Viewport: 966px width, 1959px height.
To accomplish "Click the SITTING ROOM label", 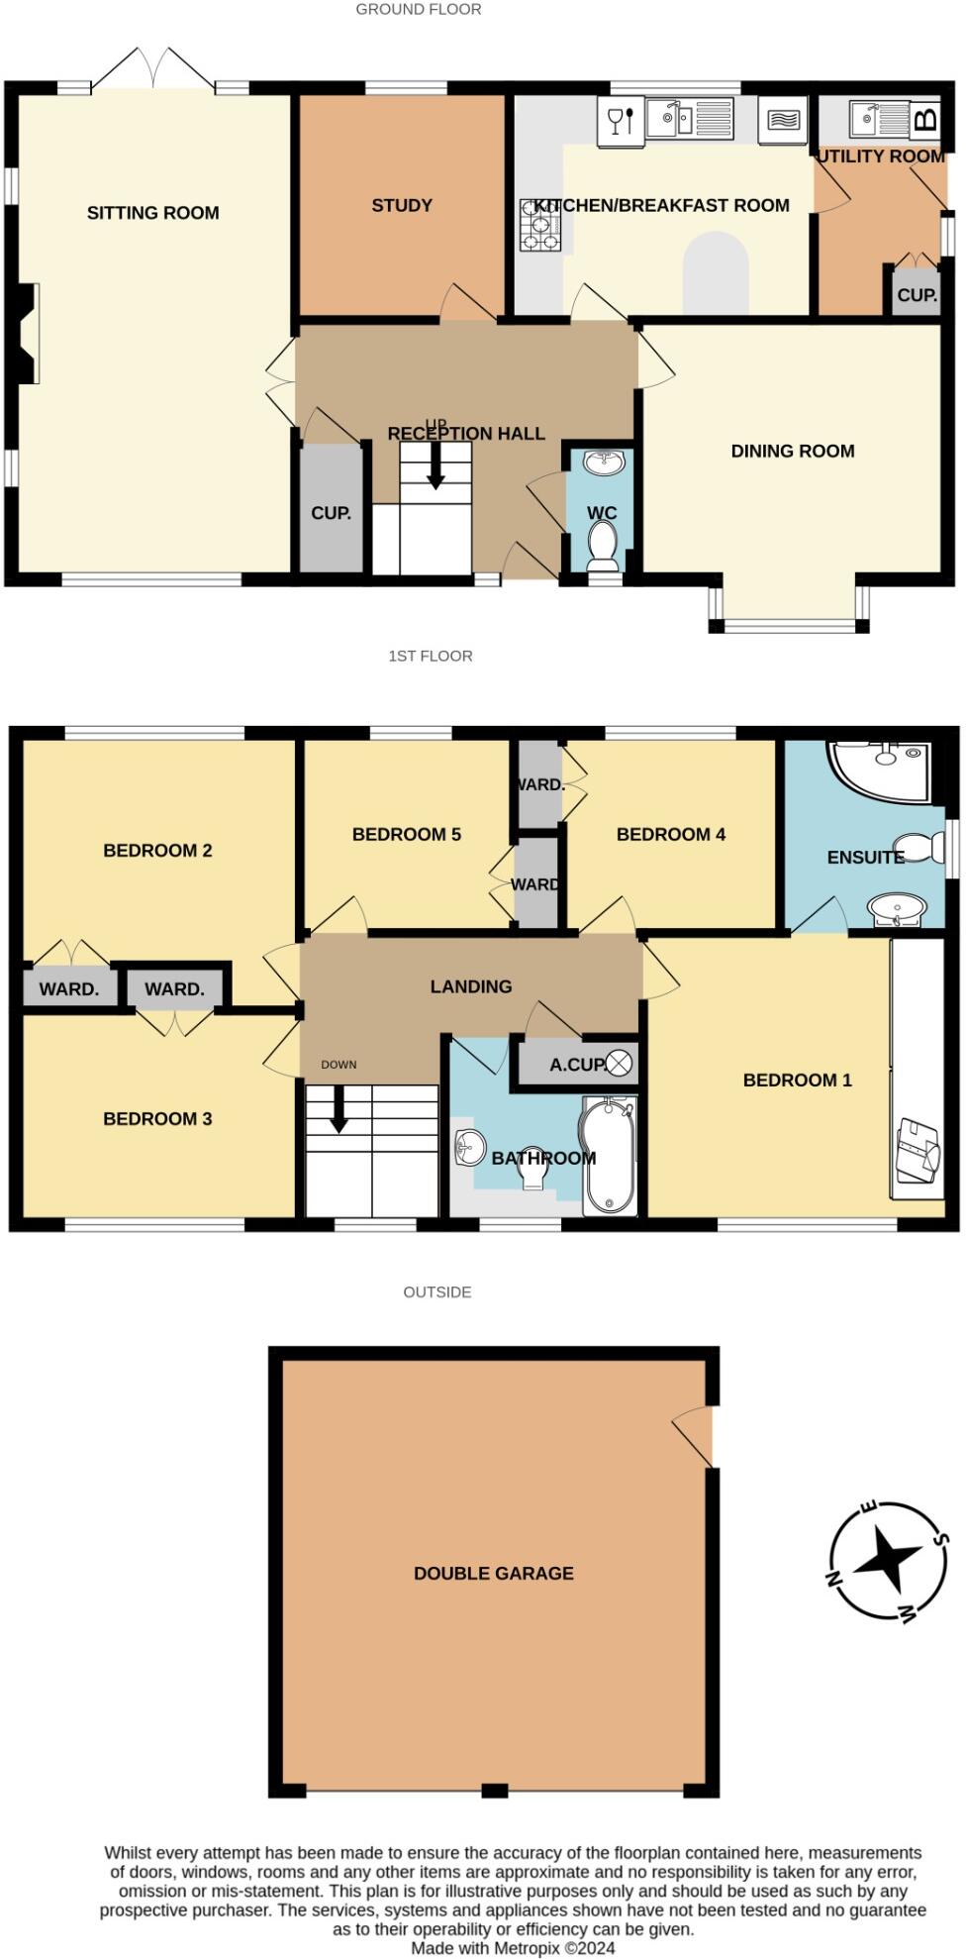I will coord(152,213).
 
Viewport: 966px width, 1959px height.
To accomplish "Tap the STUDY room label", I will coord(402,206).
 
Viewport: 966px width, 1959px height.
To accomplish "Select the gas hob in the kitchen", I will coord(540,225).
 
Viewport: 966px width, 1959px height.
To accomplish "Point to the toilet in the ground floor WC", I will coord(602,546).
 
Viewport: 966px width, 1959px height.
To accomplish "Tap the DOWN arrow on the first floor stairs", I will coord(338,1109).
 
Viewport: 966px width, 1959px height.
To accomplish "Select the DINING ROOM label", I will coord(792,452).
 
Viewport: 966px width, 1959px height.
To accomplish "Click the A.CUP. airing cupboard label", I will coord(577,1065).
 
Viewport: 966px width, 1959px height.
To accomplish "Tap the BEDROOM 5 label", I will coord(406,835).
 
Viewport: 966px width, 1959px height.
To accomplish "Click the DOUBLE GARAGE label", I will coord(493,1573).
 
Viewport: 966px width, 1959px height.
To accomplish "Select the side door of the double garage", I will coord(697,1435).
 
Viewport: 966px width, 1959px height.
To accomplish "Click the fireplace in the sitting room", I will coord(30,334).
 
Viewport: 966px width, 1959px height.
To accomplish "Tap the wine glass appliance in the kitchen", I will coord(621,121).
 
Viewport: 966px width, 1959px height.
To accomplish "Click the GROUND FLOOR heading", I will coord(419,10).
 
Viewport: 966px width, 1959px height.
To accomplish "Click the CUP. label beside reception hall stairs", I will coord(331,513).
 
